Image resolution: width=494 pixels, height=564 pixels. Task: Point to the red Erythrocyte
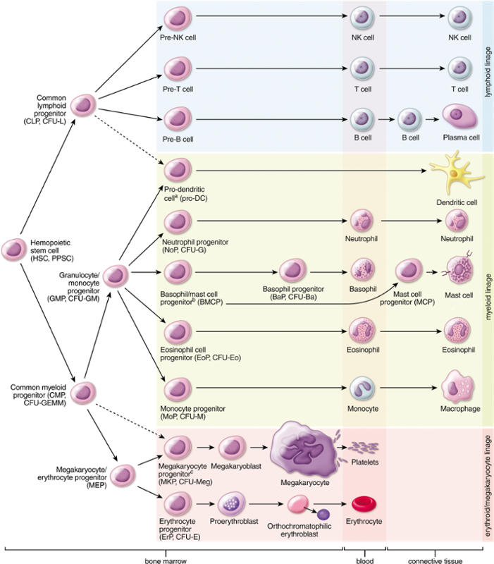pos(364,503)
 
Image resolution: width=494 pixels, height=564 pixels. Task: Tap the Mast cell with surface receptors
pos(458,271)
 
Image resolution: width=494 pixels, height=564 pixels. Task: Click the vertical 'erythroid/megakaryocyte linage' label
pos(487,486)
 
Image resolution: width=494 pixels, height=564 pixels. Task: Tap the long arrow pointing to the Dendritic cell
pos(310,170)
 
